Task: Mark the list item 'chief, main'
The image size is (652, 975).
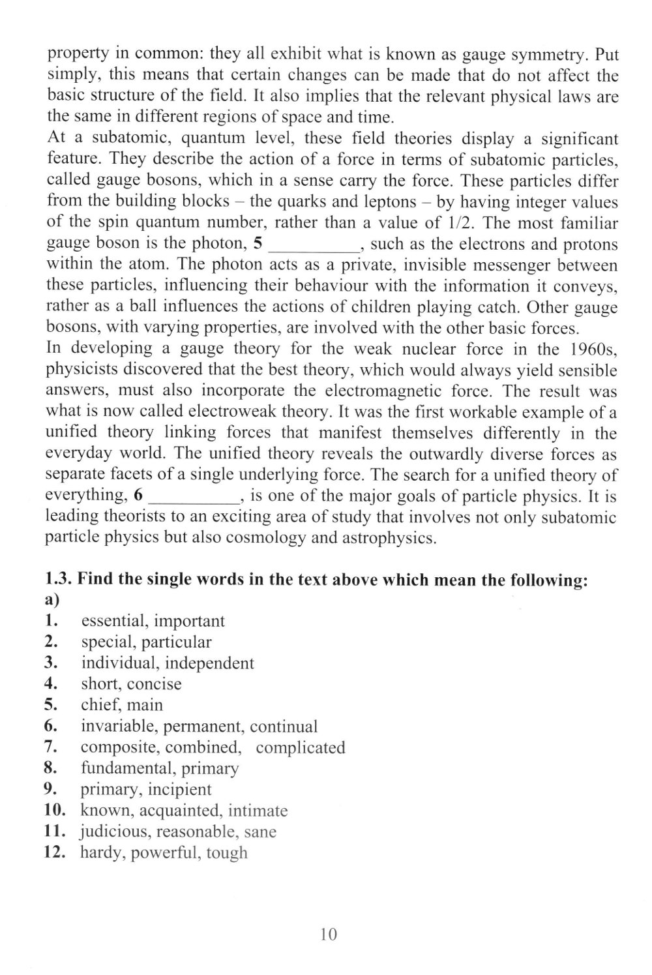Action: (122, 705)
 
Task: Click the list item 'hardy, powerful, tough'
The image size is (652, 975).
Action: (164, 852)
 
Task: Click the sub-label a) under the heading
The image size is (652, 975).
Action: (52, 599)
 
